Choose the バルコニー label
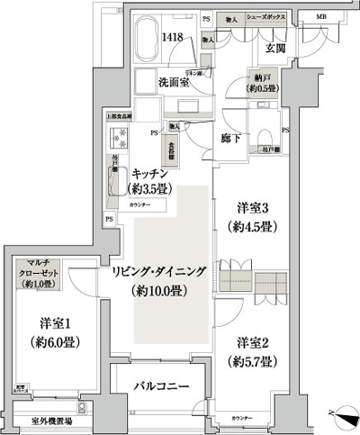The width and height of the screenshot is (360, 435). click(161, 385)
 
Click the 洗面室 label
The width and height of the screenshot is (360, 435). click(167, 81)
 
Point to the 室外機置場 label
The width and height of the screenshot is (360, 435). click(53, 421)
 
